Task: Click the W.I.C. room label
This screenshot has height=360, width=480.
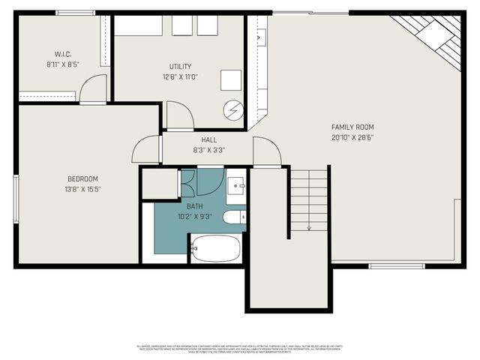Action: point(62,54)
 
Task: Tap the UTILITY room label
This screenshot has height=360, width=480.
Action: point(180,67)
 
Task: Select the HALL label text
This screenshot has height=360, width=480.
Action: point(209,140)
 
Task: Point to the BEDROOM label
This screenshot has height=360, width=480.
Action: point(82,178)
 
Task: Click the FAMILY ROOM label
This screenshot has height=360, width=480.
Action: point(352,127)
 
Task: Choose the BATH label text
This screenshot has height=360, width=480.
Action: point(195,206)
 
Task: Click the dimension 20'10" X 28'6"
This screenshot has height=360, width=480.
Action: point(352,137)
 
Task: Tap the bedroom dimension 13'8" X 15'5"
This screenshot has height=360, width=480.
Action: point(82,189)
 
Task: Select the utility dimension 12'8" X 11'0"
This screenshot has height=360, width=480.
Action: point(180,76)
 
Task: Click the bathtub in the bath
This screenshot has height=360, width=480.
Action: point(215,248)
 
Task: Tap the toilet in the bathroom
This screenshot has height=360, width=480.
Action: point(234,217)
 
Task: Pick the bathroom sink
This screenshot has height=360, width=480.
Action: point(235,184)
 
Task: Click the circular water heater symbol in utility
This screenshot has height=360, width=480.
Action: point(232,109)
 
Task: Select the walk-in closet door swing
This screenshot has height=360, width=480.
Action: point(93,89)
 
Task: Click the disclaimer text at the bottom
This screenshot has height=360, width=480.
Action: point(240,349)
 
